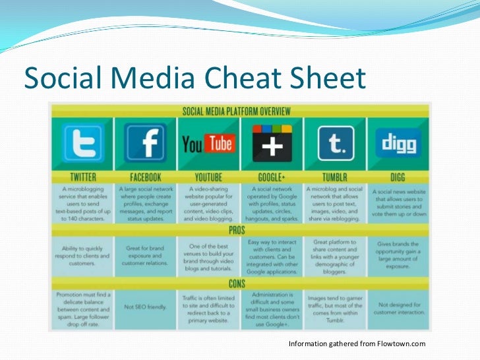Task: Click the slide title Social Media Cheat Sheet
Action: point(194,79)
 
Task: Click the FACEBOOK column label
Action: point(145,177)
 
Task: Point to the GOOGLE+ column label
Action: point(272,177)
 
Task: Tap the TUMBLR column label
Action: point(335,177)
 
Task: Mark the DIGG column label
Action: point(398,177)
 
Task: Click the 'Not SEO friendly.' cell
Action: point(145,307)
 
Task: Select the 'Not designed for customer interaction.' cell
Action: point(398,307)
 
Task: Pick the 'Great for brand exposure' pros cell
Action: point(145,253)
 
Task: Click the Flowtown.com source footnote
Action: point(357,344)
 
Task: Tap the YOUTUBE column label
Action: point(208,177)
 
